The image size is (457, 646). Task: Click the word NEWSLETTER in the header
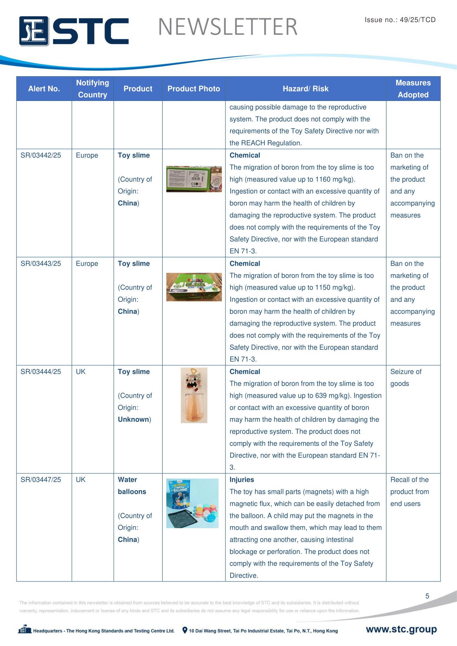(228, 27)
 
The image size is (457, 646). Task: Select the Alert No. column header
(44, 89)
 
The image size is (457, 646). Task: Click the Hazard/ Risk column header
(305, 89)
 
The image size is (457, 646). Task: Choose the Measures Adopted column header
(413, 89)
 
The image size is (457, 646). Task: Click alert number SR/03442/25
(41, 155)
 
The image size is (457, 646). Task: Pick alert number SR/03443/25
(41, 264)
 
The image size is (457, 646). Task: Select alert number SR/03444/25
(41, 372)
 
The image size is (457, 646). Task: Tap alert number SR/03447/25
(41, 480)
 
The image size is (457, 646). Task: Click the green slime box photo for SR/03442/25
(194, 179)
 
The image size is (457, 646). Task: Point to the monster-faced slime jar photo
(194, 395)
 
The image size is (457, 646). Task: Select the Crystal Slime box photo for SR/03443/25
(194, 287)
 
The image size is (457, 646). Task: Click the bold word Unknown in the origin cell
(133, 420)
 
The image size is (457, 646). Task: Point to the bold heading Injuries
(242, 480)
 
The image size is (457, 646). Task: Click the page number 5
(427, 596)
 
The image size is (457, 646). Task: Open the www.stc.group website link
(401, 629)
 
